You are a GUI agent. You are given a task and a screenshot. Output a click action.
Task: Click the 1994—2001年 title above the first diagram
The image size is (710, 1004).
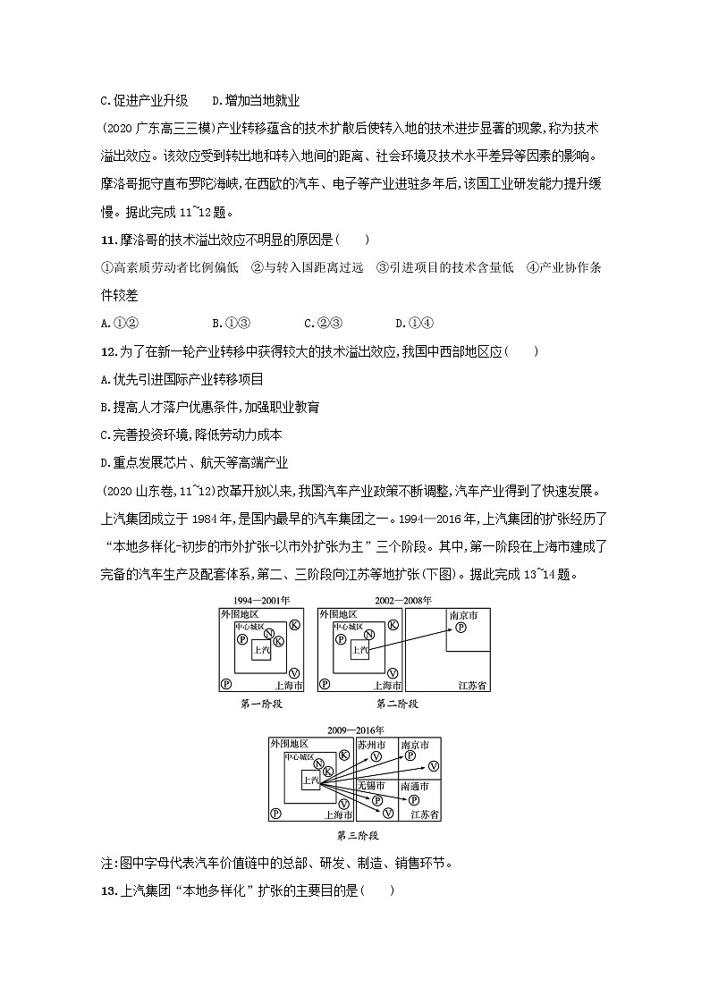(261, 600)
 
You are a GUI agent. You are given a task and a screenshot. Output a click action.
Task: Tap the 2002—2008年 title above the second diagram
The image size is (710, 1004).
(402, 600)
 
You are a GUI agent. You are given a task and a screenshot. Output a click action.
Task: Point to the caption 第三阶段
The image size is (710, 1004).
(357, 836)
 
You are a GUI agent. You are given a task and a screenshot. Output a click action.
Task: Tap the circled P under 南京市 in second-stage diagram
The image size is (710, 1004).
(461, 629)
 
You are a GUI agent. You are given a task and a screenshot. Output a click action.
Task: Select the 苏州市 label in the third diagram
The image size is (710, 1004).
(371, 745)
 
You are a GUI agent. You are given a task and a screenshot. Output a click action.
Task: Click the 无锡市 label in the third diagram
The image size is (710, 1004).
(371, 786)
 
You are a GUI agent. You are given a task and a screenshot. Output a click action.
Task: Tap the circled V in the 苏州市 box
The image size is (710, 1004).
(376, 757)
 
